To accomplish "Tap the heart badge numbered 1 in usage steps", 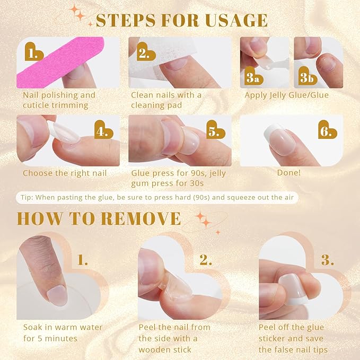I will [x=34, y=53].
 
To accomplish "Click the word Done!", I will [x=289, y=173].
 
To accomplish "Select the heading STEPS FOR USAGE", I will [x=181, y=20].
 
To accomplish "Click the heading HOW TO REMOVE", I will [x=99, y=218].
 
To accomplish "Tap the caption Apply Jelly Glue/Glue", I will [x=286, y=95].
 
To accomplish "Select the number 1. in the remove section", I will [x=83, y=260].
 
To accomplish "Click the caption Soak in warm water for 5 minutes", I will [x=63, y=333].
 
